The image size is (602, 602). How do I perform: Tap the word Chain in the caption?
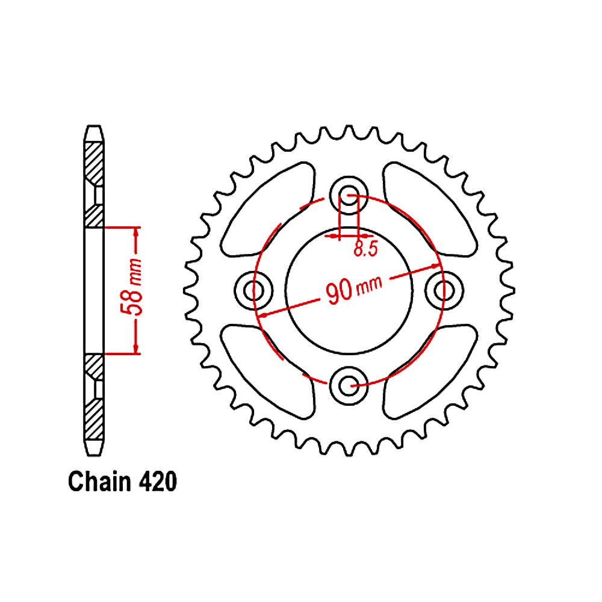pos(99,482)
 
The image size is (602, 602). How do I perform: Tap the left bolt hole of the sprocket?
pos(255,290)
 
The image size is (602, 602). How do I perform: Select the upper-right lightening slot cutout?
pos(427,211)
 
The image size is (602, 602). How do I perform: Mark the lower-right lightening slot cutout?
pos(427,370)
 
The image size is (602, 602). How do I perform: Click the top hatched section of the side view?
pos(93,163)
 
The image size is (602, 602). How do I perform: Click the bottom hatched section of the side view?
pos(93,415)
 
